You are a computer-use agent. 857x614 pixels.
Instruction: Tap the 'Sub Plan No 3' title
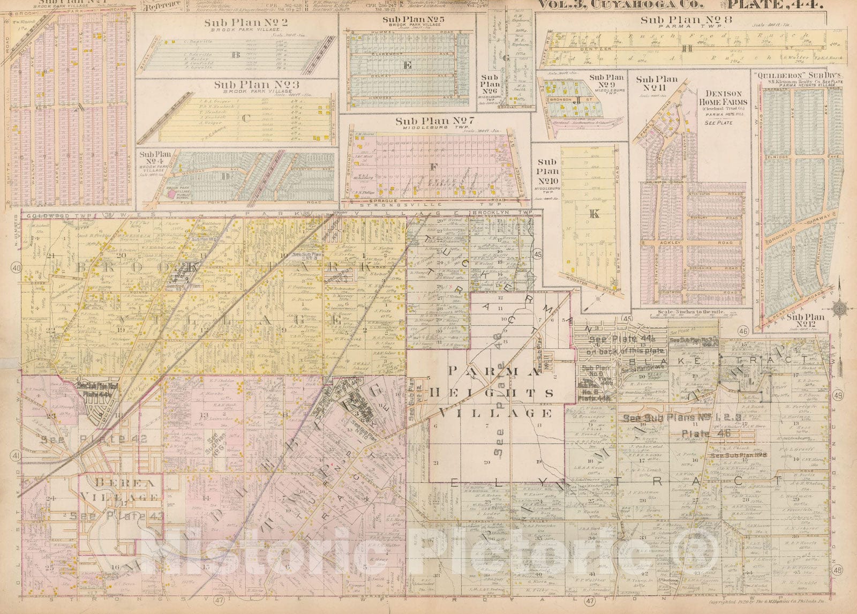pos(249,85)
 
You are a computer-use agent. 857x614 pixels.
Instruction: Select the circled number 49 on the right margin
pos(838,395)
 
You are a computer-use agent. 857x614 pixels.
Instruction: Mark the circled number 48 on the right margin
pos(838,571)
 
